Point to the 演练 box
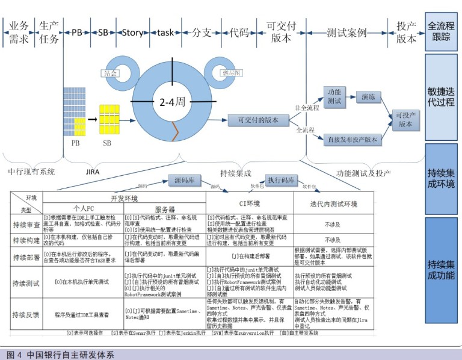(x=368, y=96)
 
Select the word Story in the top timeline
(x=132, y=33)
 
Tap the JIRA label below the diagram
(x=93, y=171)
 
